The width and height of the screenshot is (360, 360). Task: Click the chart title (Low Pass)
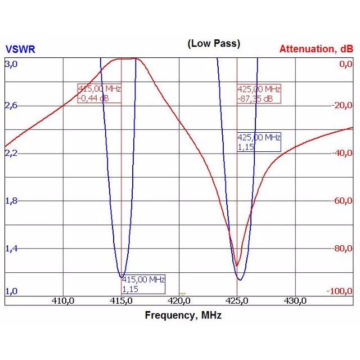[214, 44]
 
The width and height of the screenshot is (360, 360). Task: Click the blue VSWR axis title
[20, 49]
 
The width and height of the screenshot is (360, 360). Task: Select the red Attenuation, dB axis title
[316, 49]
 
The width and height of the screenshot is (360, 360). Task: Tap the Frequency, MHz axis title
[183, 316]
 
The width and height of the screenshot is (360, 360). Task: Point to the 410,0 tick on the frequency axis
[63, 301]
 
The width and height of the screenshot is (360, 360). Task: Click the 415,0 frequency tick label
[121, 301]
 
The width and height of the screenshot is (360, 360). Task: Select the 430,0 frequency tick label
[295, 301]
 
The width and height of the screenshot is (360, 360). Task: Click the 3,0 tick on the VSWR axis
[11, 64]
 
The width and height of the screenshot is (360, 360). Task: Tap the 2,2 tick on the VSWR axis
[11, 153]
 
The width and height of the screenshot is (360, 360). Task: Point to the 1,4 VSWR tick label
[11, 248]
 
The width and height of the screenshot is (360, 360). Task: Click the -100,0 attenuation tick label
[340, 291]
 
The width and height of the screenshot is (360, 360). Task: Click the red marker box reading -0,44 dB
[100, 93]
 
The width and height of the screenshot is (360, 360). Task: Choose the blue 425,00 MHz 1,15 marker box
[259, 142]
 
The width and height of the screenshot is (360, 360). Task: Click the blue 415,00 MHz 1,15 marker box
[143, 284]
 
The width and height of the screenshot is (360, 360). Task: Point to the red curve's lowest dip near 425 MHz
[237, 266]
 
